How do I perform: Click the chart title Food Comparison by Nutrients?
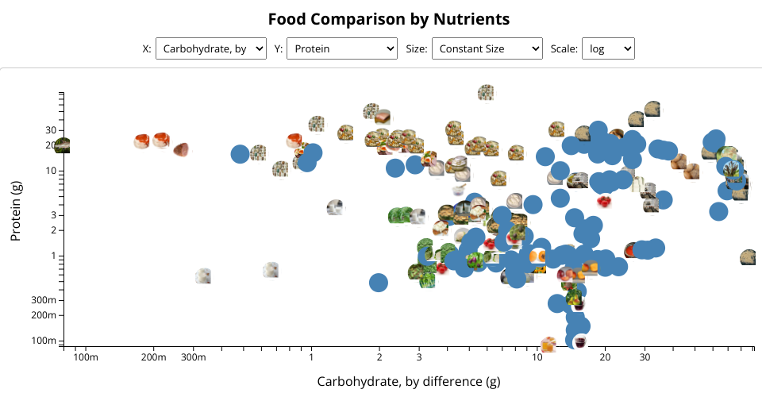coord(388,19)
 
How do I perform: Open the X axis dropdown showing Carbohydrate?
coord(211,49)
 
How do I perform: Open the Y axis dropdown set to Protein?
coord(341,49)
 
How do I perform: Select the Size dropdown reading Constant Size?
coord(487,49)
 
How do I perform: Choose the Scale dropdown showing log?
coord(608,49)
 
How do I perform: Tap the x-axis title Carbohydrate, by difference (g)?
coord(408,381)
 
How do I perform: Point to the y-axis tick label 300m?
coord(44,300)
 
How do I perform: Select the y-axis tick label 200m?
coord(44,315)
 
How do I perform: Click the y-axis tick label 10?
coord(51,171)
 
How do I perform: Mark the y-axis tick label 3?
coord(53,215)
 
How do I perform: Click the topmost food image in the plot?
coord(487,92)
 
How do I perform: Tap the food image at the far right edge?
coord(748,258)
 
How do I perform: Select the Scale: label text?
coord(564,49)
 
